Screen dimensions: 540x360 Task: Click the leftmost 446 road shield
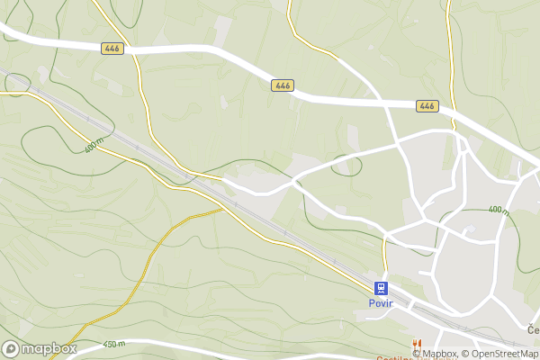click(112, 48)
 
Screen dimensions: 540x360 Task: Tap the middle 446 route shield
click(282, 85)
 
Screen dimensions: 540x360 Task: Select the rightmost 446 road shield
click(427, 106)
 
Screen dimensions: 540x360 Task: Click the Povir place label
click(382, 304)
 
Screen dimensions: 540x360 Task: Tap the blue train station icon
click(382, 288)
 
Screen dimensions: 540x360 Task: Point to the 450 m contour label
click(114, 344)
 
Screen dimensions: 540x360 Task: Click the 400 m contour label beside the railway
click(94, 144)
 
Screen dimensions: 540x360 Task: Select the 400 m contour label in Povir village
click(499, 211)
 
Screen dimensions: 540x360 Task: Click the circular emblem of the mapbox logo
click(12, 348)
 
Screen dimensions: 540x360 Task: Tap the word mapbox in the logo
click(50, 348)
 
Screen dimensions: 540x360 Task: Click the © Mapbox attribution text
click(436, 353)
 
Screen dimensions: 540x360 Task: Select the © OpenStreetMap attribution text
click(500, 353)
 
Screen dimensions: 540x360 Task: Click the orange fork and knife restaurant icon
click(416, 344)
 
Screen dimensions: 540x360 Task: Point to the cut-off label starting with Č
click(533, 330)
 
